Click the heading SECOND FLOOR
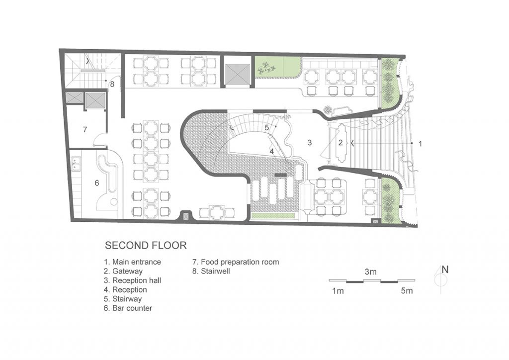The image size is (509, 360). point(146,246)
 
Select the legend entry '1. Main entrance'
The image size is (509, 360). point(132,262)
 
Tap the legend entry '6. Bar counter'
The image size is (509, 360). point(128,308)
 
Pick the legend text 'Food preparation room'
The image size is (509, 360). point(240,262)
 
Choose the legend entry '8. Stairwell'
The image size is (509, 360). point(211,271)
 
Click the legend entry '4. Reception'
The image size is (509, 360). point(125,289)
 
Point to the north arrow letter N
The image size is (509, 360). point(445,270)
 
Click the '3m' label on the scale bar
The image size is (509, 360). point(370,271)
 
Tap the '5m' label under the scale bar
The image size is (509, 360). point(407,290)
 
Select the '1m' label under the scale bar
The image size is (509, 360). point(338,290)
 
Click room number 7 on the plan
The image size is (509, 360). point(85,129)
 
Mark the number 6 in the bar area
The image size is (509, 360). point(97,183)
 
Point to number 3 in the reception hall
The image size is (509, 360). point(310,142)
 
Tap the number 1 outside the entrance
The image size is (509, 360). point(420,144)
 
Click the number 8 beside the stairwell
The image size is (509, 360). point(112,84)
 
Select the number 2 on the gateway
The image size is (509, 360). point(340,142)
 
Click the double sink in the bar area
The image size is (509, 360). point(76,164)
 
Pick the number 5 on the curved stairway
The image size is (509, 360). point(266,128)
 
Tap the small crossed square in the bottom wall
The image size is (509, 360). point(186,216)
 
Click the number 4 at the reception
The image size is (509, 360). point(271,151)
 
